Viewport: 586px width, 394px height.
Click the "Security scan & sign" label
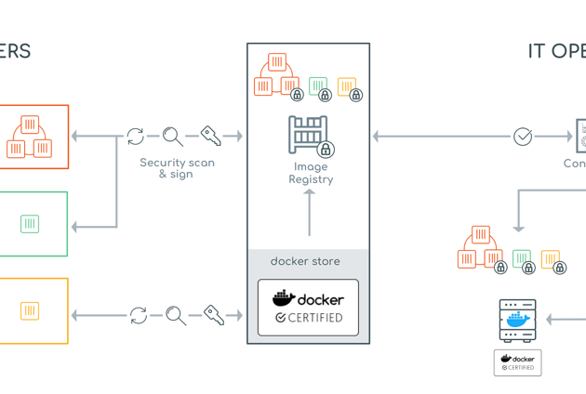(177, 168)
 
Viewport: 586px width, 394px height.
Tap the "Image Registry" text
(310, 174)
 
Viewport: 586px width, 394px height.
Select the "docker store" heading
(305, 262)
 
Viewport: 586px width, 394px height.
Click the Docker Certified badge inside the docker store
(308, 308)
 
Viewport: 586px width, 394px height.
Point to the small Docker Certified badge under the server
(518, 362)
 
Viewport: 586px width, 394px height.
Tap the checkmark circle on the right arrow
(523, 137)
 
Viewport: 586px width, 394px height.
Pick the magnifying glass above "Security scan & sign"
(173, 137)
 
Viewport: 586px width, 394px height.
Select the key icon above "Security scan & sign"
(211, 137)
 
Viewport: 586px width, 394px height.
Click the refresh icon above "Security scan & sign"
(136, 137)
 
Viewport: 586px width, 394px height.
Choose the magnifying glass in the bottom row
(176, 316)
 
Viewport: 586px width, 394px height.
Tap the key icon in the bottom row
(214, 316)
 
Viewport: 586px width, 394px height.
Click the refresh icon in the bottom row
(139, 316)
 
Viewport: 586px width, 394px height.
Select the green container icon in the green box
(30, 224)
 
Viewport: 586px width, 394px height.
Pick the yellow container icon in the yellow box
(30, 311)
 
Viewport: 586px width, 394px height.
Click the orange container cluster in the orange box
(30, 137)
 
